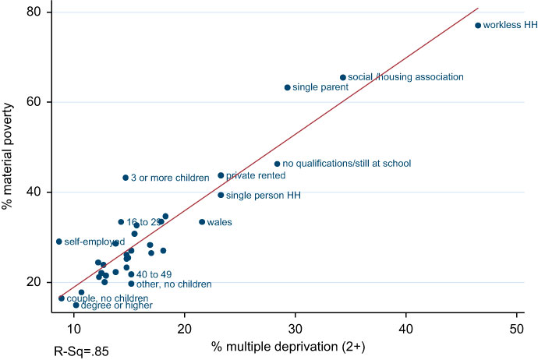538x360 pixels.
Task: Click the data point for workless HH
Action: [478, 26]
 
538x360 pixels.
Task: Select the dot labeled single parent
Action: [287, 88]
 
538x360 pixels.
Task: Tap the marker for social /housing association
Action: [342, 77]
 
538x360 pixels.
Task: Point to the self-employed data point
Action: [58, 242]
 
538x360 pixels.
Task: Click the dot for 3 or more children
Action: [126, 178]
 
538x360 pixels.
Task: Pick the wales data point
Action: [202, 222]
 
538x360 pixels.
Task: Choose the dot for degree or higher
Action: [76, 305]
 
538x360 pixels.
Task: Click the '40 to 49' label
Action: [154, 274]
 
